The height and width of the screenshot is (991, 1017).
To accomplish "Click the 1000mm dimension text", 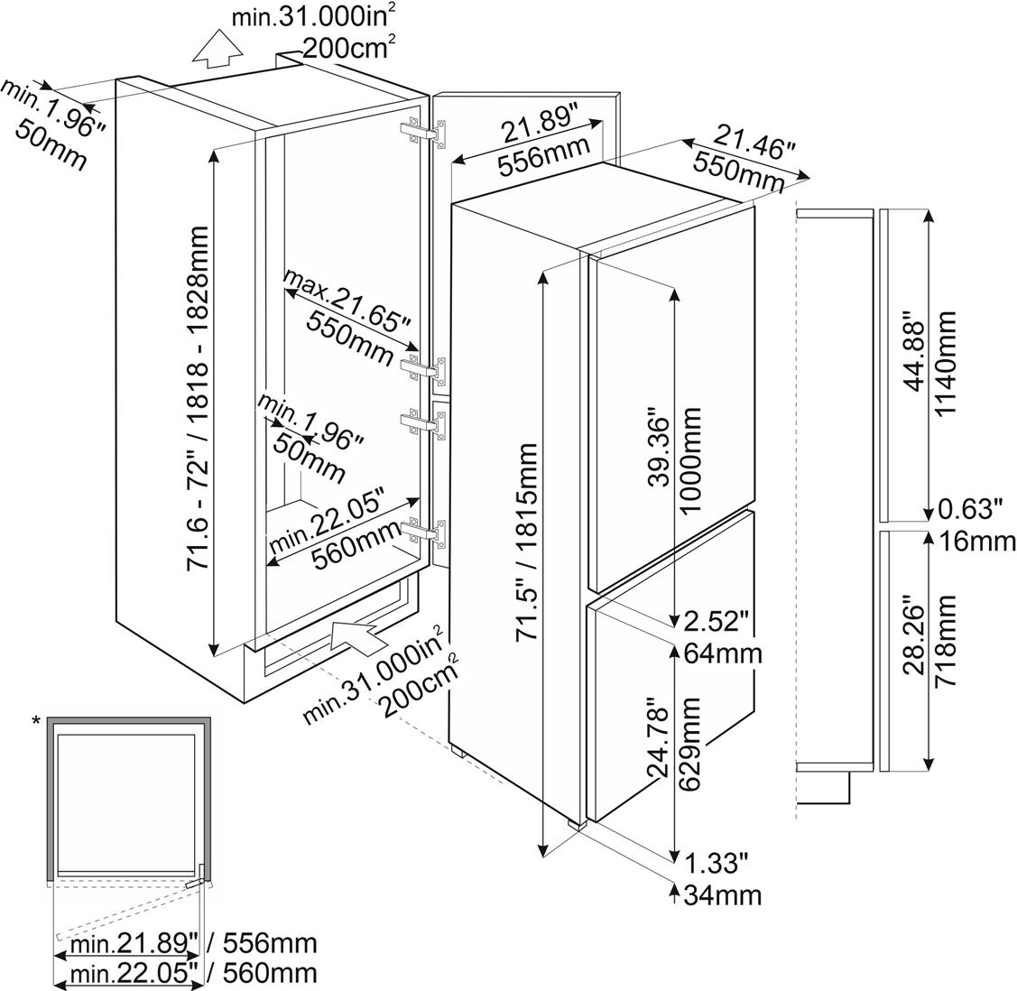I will [x=691, y=459].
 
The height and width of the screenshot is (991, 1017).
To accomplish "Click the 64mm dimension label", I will [x=723, y=653].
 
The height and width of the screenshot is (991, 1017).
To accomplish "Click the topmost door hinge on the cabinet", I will [x=424, y=132].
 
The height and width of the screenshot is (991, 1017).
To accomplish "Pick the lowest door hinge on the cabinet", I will [x=424, y=533].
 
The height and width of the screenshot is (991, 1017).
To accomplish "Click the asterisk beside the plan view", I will [x=36, y=720].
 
